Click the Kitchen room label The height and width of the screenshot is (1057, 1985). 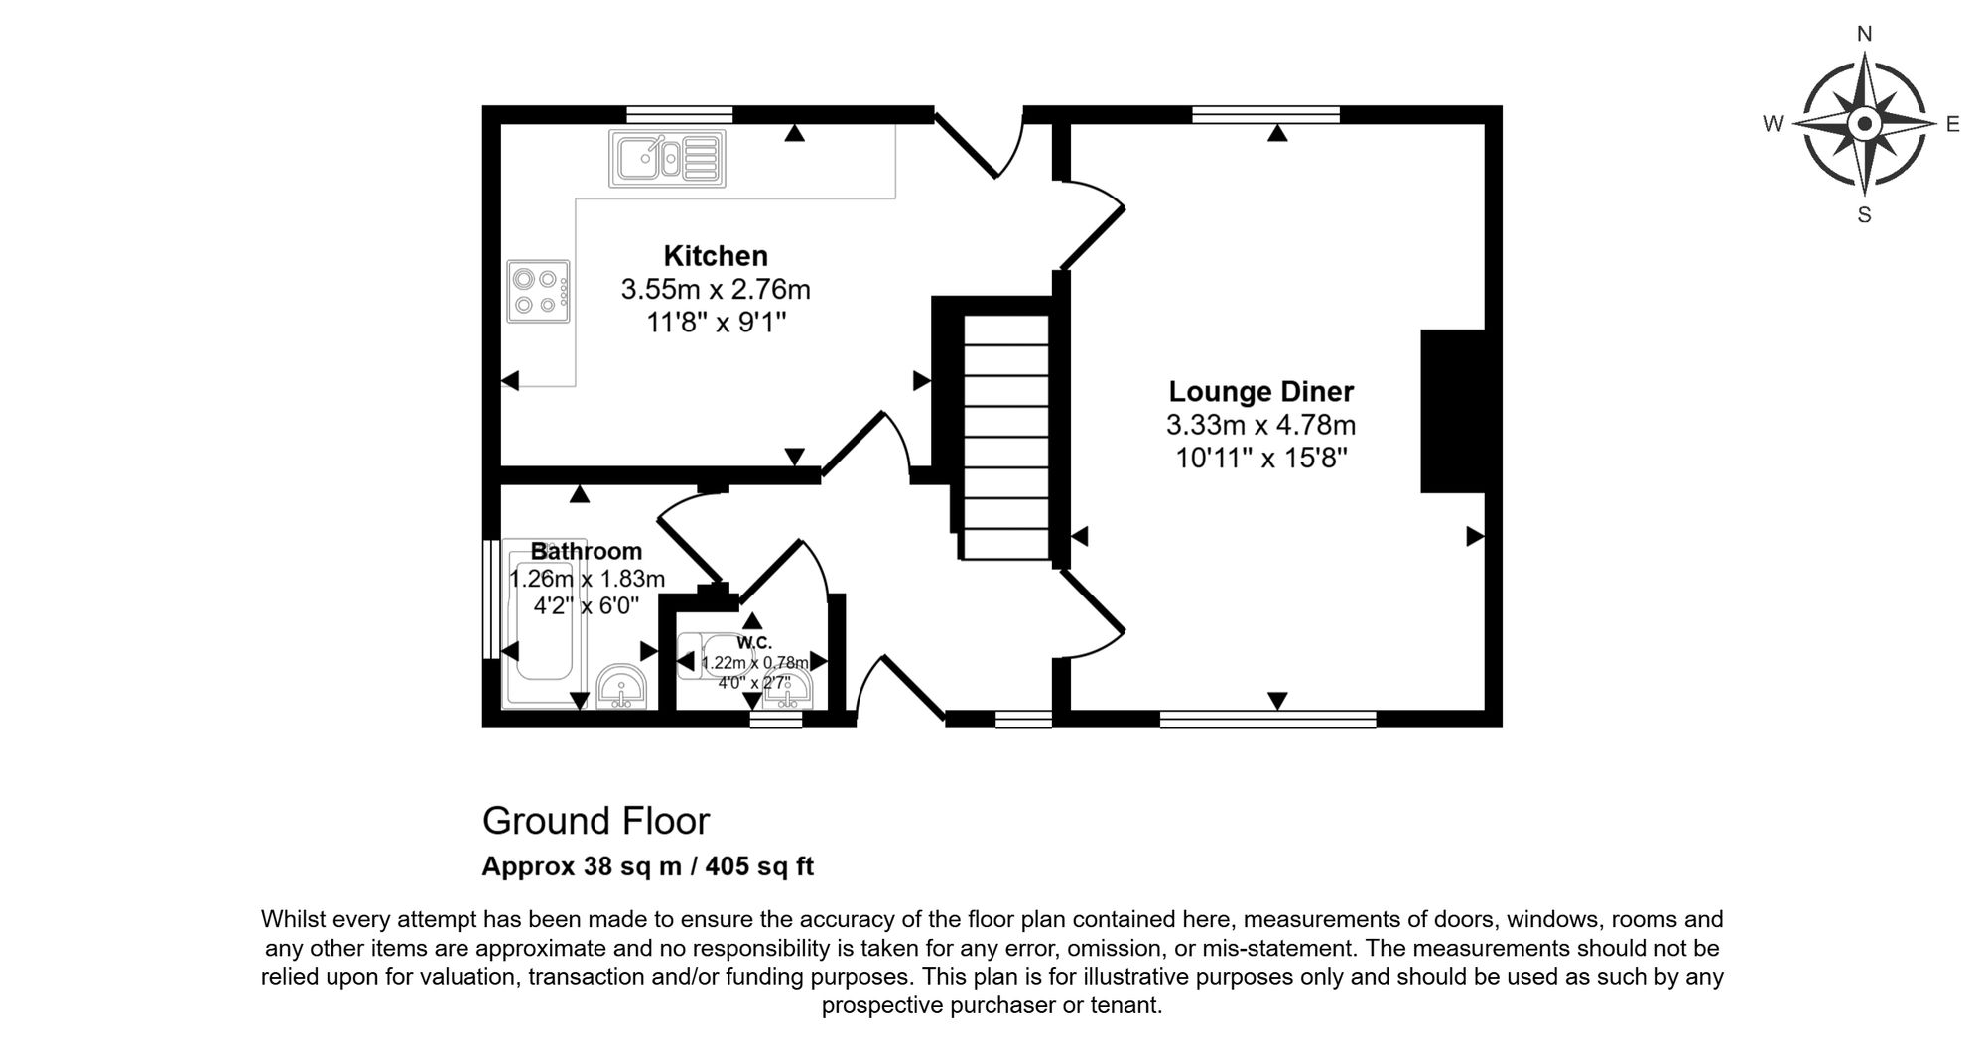tap(716, 256)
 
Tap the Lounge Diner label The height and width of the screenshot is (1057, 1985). tap(1260, 392)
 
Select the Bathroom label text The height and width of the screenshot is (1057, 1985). tap(587, 551)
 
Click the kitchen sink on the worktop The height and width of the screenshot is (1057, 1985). tap(667, 158)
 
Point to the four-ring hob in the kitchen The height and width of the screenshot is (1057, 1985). tap(539, 291)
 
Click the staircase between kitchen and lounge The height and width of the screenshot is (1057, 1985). tap(1006, 438)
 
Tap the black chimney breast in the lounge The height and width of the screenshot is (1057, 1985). tap(1453, 411)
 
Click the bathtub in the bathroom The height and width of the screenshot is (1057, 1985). tap(545, 622)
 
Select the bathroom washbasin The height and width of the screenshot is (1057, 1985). tap(622, 686)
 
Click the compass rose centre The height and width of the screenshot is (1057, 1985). tap(1864, 124)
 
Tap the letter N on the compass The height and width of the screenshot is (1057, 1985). tap(1864, 35)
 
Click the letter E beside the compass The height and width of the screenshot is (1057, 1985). tap(1952, 124)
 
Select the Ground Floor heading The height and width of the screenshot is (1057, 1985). tap(595, 821)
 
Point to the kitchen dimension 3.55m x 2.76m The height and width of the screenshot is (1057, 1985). tap(716, 289)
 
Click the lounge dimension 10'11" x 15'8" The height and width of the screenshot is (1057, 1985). tap(1260, 458)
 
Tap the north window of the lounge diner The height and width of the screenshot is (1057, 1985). tap(1265, 114)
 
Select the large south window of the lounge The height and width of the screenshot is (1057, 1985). tap(1267, 720)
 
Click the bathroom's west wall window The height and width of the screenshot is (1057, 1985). tap(490, 598)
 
